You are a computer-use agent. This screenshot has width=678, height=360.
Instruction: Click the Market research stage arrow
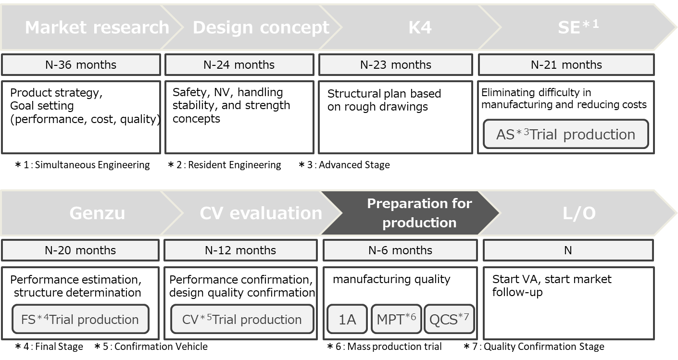(x=96, y=27)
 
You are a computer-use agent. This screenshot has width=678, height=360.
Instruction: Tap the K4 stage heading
(x=419, y=27)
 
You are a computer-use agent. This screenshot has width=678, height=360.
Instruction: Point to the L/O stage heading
(x=579, y=213)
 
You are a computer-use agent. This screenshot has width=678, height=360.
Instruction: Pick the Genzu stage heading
(x=97, y=213)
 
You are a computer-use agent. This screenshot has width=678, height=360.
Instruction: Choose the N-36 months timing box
(x=81, y=65)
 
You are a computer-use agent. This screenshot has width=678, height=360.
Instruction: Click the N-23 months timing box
(x=395, y=65)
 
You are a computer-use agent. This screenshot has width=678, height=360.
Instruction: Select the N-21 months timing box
(x=566, y=65)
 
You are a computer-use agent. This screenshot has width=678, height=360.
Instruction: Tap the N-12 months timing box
(x=240, y=250)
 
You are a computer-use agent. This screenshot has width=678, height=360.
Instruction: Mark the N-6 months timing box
(x=400, y=250)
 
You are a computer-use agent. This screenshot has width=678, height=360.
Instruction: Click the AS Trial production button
(x=565, y=134)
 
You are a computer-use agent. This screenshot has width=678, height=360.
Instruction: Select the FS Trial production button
(x=80, y=319)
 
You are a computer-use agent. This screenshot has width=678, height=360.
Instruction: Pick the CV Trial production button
(x=242, y=319)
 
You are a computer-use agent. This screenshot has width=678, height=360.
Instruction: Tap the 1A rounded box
(x=347, y=319)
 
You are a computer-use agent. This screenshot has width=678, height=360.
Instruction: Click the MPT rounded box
(x=396, y=319)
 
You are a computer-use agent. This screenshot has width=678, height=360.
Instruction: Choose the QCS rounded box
(x=449, y=319)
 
